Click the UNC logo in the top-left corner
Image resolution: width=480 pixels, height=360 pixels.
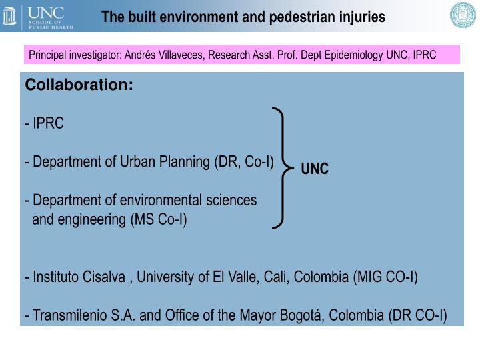pyautogui.click(x=38, y=17)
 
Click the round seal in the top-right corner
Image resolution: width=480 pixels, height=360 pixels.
pyautogui.click(x=463, y=16)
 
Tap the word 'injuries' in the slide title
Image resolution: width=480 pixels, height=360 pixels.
pyautogui.click(x=359, y=17)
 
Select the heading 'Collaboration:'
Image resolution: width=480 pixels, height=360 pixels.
pyautogui.click(x=79, y=86)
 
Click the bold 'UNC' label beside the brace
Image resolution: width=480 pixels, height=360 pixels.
pyautogui.click(x=315, y=169)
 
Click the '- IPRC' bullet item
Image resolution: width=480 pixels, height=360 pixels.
pyautogui.click(x=45, y=124)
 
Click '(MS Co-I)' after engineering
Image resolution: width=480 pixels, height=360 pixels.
pyautogui.click(x=159, y=219)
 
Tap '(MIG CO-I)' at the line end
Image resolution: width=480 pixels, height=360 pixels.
pyautogui.click(x=385, y=277)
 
